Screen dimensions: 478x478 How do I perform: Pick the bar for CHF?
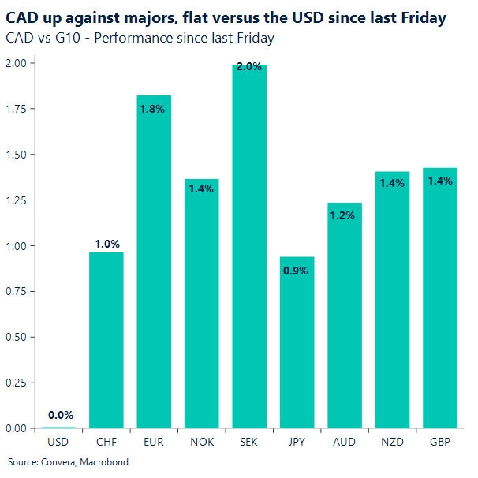pyautogui.click(x=106, y=340)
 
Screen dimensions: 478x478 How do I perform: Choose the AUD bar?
pyautogui.click(x=345, y=316)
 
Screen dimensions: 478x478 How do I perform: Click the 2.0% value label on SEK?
pyautogui.click(x=249, y=67)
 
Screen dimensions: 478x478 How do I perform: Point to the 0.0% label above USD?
pyautogui.click(x=60, y=415)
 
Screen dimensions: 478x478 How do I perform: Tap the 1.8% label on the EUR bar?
pyautogui.click(x=154, y=109)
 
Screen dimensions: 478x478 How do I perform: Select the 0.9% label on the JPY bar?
pyautogui.click(x=297, y=271)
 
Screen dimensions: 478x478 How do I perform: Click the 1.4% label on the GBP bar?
pyautogui.click(x=440, y=181)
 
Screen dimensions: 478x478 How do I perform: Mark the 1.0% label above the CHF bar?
pyautogui.click(x=106, y=245)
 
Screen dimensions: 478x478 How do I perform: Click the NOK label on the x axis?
pyautogui.click(x=201, y=443)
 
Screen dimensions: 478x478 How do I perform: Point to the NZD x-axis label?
pyautogui.click(x=392, y=443)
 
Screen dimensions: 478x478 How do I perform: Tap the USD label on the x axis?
pyautogui.click(x=58, y=443)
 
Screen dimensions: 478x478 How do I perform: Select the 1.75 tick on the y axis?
pyautogui.click(x=15, y=108)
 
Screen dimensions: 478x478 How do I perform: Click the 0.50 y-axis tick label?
pyautogui.click(x=15, y=338)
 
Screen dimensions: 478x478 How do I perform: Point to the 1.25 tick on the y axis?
pyautogui.click(x=15, y=200)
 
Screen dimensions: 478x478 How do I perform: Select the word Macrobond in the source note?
pyautogui.click(x=102, y=462)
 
